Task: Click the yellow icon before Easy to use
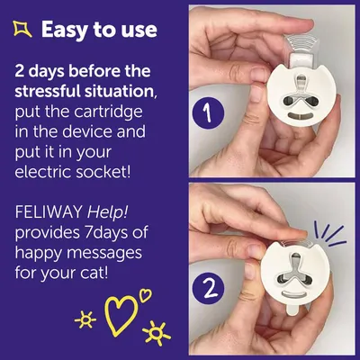[22, 31]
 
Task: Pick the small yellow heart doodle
[145, 295]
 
